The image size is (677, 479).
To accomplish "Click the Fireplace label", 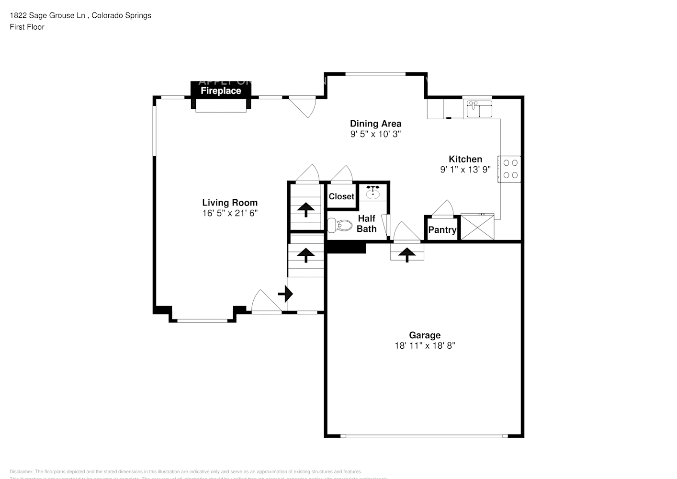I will [x=221, y=91].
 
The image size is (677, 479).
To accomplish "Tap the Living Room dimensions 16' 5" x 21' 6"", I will [x=230, y=213].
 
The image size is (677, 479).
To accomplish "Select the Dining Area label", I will [x=375, y=124].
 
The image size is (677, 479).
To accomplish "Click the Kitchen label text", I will [x=465, y=159].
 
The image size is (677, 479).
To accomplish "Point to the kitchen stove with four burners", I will [x=510, y=169].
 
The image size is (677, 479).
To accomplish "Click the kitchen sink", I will [x=479, y=109].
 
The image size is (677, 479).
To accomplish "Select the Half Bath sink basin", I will [x=373, y=194].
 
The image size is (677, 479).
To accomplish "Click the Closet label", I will [x=341, y=196].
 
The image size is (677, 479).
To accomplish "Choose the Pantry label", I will [x=442, y=230].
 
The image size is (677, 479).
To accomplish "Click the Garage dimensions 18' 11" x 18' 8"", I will [x=424, y=345].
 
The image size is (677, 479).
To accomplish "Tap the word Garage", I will [x=424, y=335].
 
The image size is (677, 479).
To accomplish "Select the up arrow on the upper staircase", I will [x=305, y=209].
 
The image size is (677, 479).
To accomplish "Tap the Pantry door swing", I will [x=443, y=209].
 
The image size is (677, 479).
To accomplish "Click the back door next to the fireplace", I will [x=303, y=106].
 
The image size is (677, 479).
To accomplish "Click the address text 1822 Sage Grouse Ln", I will [x=48, y=15].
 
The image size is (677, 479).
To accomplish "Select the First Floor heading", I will [x=27, y=27].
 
